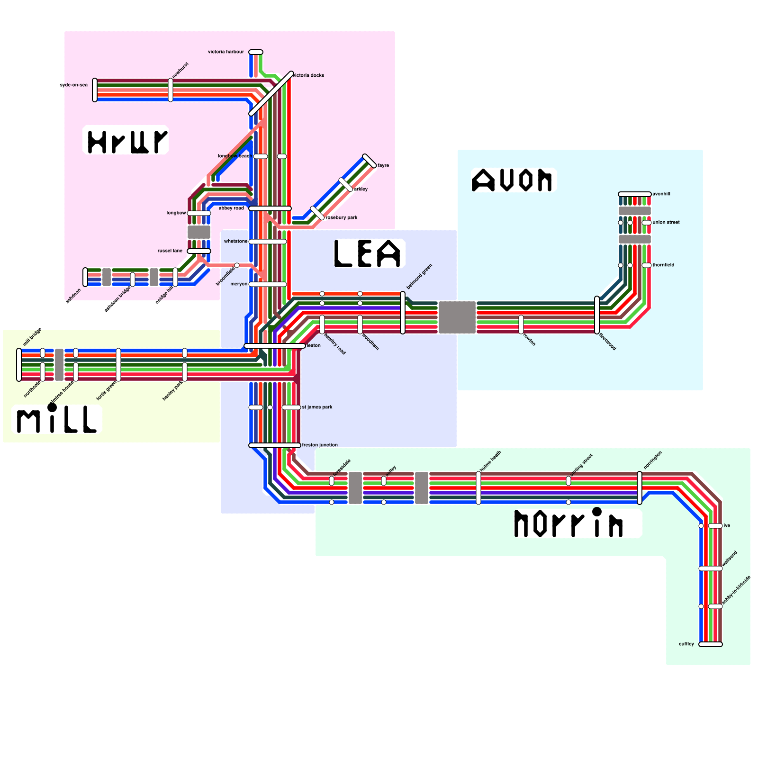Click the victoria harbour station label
click(x=226, y=52)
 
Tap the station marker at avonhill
click(x=635, y=194)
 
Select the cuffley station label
click(x=686, y=644)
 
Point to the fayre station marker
click(x=370, y=161)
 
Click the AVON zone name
click(x=513, y=180)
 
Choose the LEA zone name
click(x=368, y=253)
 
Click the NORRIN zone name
click(x=568, y=523)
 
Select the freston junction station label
click(x=320, y=445)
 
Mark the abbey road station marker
click(x=270, y=208)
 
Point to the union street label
click(x=666, y=222)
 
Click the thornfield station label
click(x=663, y=265)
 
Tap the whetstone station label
click(x=235, y=241)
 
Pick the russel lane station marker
click(x=199, y=251)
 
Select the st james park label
click(x=317, y=407)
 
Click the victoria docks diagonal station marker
click(x=271, y=93)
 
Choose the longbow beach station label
click(x=234, y=156)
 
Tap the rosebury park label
click(x=342, y=217)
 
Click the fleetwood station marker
click(x=597, y=315)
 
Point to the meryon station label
click(x=239, y=284)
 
